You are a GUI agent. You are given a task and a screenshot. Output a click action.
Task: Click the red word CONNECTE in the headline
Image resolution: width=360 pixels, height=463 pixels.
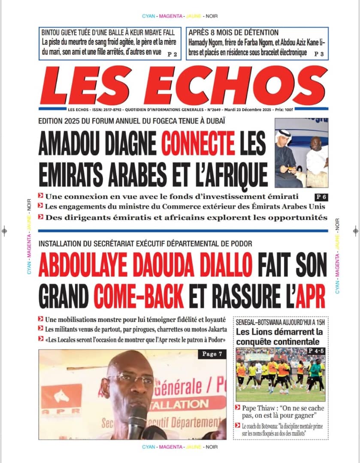pos(199,144)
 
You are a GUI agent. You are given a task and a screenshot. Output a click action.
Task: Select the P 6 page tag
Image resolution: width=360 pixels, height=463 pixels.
pos(321,197)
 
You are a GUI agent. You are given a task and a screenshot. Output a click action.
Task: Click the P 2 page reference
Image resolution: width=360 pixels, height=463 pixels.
pos(172,54)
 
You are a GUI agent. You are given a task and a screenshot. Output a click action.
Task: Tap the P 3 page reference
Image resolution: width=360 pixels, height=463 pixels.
pos(319,54)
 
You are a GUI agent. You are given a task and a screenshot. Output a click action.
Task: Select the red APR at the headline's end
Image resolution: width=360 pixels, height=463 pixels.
pos(311,295)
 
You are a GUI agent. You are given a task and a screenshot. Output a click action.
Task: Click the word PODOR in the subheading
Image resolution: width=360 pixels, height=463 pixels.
pos(240,244)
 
